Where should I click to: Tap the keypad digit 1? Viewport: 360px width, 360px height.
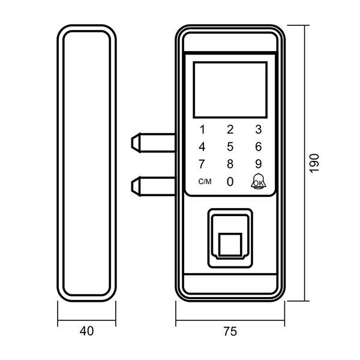(x=202, y=129)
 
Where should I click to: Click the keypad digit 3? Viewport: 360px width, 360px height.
(x=258, y=129)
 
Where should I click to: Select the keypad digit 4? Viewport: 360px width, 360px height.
(x=202, y=146)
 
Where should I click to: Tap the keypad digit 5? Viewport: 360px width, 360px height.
(x=230, y=146)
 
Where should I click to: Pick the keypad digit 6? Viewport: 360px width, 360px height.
(x=258, y=146)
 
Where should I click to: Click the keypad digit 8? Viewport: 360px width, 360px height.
(x=230, y=164)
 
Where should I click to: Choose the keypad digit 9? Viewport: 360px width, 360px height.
(x=258, y=164)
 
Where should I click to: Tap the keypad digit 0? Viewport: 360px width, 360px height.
(x=230, y=181)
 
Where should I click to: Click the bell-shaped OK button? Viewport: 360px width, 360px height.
(x=258, y=181)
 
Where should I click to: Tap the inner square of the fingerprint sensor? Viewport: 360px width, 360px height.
(x=229, y=244)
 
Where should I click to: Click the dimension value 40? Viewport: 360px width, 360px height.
(x=87, y=331)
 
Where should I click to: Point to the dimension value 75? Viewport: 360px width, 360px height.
(x=230, y=331)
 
